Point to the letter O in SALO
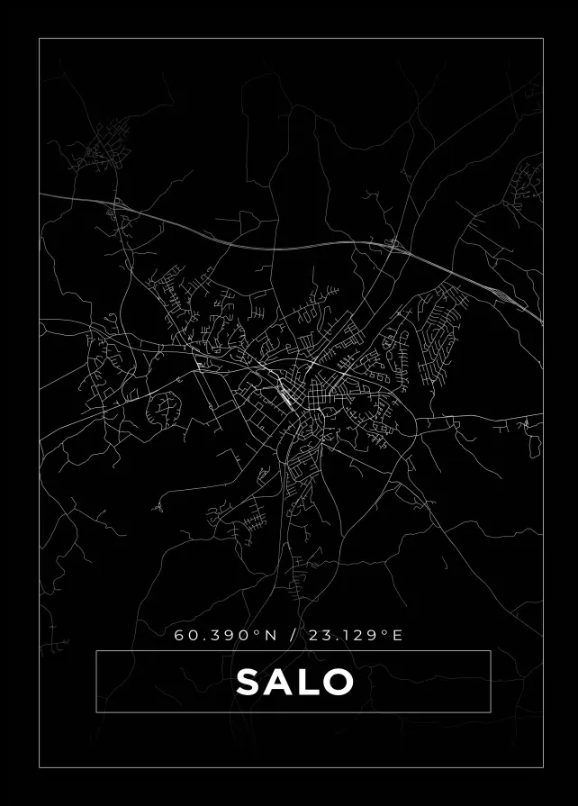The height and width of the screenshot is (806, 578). [337, 682]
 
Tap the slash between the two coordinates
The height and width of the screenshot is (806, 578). [292, 635]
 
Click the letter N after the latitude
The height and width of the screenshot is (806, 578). [269, 635]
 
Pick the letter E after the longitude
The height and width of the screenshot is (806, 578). [398, 635]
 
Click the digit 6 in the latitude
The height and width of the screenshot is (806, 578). [180, 635]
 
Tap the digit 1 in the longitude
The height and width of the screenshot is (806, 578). [346, 635]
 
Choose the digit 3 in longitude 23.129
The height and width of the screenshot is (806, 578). [327, 635]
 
